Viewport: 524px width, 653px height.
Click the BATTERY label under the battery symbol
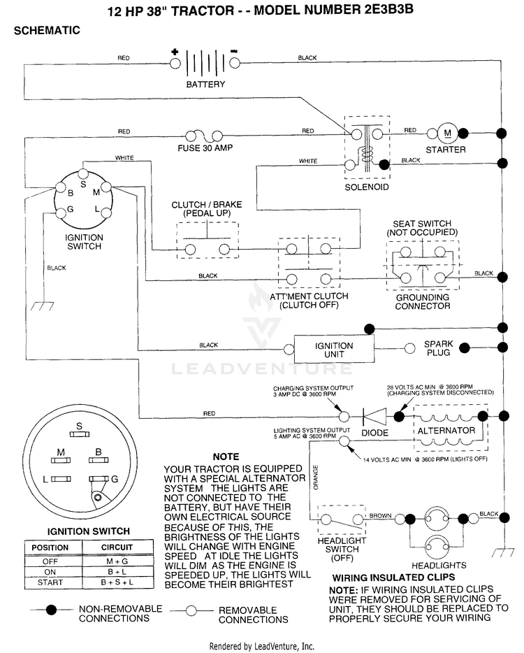[205, 84]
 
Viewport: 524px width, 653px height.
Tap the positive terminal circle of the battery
[175, 64]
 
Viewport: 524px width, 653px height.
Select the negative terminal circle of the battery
[235, 64]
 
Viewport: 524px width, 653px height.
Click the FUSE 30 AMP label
[205, 148]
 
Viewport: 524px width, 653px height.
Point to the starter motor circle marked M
[448, 134]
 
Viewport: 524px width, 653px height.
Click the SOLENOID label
[367, 187]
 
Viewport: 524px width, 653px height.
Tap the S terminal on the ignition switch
[83, 174]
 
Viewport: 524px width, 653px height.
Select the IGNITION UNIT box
[334, 350]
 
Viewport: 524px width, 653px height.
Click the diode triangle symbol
[374, 416]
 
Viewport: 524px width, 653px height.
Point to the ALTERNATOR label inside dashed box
[446, 431]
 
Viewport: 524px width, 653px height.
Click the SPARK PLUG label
[438, 348]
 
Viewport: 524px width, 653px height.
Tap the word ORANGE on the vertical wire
[316, 478]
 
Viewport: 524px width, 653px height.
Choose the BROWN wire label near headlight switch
[380, 515]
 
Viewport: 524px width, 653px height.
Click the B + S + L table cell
[117, 582]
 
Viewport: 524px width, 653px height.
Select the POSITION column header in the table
[50, 547]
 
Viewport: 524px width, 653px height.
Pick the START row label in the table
[50, 582]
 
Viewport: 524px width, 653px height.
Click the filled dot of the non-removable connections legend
[51, 610]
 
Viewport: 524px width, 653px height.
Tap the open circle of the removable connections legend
[191, 611]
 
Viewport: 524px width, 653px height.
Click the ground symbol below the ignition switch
[43, 306]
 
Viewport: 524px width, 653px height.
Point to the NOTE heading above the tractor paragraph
[226, 457]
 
